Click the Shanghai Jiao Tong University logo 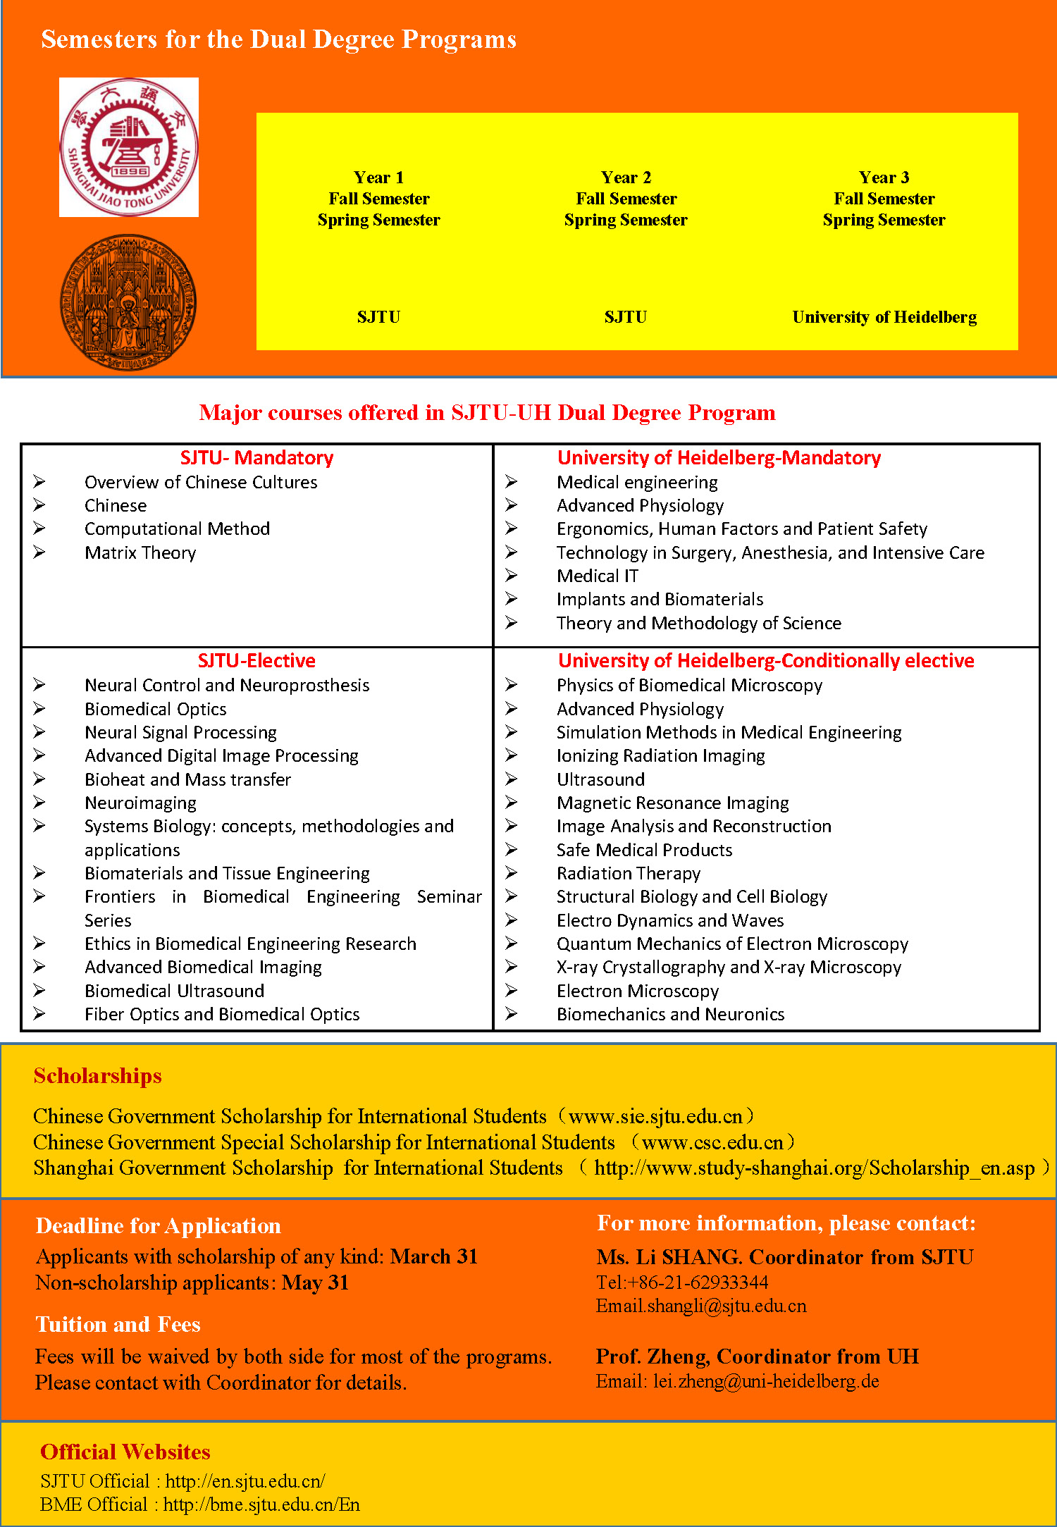(129, 147)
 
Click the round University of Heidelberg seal (128, 303)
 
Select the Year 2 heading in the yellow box (626, 178)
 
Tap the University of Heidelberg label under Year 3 (884, 317)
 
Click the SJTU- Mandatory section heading (256, 458)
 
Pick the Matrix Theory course (140, 553)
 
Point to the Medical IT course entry (598, 576)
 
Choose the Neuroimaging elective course (140, 803)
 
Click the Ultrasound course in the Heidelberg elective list (600, 779)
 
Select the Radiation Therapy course (629, 874)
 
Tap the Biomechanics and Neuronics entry (670, 1015)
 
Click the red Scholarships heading (98, 1076)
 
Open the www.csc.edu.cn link (712, 1142)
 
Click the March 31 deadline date (434, 1256)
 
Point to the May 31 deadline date (315, 1282)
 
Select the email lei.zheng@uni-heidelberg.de (766, 1381)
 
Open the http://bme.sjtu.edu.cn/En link (261, 1504)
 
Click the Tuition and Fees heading (118, 1325)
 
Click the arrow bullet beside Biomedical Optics (39, 709)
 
